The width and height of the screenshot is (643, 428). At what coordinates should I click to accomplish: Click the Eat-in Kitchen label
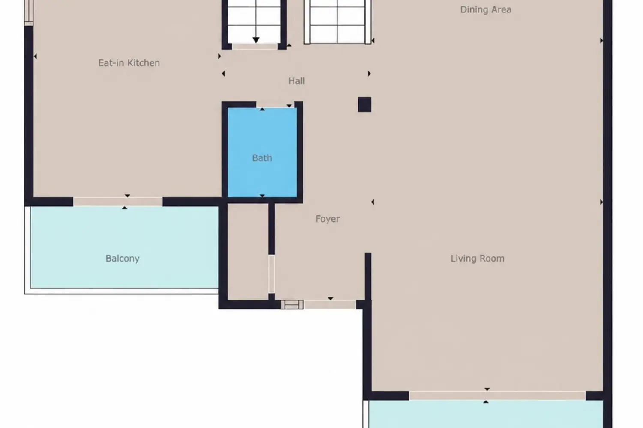129,63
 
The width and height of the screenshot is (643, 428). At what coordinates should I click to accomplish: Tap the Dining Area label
486,9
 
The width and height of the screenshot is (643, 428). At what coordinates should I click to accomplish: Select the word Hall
297,81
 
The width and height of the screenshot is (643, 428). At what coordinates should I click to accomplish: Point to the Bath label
262,158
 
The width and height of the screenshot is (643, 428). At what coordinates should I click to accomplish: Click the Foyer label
328,219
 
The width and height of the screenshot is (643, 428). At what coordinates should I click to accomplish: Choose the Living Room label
478,258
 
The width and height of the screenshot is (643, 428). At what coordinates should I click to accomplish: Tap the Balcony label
123,259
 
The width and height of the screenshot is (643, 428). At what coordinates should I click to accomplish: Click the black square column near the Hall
364,104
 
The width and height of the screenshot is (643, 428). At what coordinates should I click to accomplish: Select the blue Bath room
262,152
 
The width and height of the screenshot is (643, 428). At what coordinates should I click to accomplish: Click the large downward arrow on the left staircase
256,40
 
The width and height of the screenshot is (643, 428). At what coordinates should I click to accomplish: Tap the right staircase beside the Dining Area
338,22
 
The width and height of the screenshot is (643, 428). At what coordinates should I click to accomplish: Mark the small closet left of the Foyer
248,252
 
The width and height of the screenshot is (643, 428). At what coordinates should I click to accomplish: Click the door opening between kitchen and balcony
118,202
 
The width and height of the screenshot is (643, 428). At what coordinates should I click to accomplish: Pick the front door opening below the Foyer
330,304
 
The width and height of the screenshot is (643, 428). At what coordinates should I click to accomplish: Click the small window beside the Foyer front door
292,304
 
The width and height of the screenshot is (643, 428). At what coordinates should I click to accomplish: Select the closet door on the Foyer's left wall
271,274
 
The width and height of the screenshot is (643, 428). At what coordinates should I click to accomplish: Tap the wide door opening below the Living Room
497,395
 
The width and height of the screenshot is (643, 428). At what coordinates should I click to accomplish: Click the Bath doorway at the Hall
275,104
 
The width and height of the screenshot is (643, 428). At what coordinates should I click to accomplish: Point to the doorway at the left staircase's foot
255,47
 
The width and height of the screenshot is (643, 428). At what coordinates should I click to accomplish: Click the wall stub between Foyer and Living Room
368,276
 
